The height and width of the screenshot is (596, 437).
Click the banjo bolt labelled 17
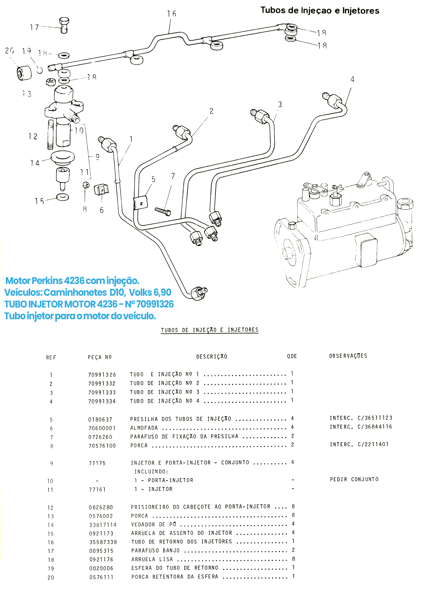coord(64,25)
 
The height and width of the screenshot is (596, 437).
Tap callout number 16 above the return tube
coord(171,14)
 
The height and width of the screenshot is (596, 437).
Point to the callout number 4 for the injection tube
coord(352,79)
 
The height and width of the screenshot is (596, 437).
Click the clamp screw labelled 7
coord(163,211)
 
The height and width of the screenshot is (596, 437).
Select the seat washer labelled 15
coord(62,197)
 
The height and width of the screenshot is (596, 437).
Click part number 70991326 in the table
coord(102,375)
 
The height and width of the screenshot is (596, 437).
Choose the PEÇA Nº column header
coord(99,357)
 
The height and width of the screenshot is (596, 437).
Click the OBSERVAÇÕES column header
coord(348,356)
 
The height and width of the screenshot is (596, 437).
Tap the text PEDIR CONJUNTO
coord(354,479)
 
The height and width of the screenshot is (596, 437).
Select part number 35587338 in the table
coord(103,542)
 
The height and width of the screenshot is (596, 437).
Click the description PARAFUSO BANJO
coord(155,550)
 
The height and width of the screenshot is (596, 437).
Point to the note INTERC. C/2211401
coord(359,444)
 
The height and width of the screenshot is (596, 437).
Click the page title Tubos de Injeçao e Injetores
coord(320,10)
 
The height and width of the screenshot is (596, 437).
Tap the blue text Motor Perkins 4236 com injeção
coord(72,281)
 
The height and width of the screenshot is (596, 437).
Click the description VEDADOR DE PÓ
coord(153,524)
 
